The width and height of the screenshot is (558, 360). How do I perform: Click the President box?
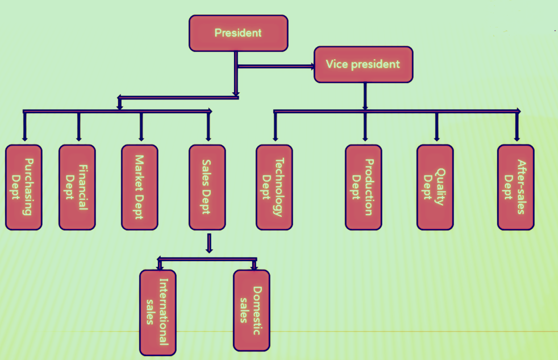coord(238,32)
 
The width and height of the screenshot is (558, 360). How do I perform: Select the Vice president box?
coord(363,64)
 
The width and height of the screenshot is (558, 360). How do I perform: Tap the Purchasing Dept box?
coord(23,187)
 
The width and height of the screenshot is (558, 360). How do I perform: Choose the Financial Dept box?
coord(77,187)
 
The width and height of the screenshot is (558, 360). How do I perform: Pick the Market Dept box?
coord(139,187)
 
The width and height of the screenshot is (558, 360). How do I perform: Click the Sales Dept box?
coord(207,187)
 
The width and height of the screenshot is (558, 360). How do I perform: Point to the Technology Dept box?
coord(274,187)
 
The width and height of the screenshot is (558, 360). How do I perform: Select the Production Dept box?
coord(363,187)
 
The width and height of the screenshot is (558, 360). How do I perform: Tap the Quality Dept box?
coord(435,187)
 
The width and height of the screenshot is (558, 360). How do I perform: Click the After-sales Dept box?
coord(515,187)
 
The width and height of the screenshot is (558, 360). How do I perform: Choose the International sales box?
coord(157,312)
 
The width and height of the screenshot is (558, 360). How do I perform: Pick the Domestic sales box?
coord(251,310)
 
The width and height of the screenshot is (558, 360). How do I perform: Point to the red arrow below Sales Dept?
coord(209,243)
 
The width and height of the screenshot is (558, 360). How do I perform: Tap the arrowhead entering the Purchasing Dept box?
coord(24,138)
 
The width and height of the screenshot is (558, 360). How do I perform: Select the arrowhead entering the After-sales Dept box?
coord(517,138)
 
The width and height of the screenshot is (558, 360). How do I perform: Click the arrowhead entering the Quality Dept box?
coord(436,138)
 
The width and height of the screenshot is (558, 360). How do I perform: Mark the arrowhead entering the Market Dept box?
coord(141,138)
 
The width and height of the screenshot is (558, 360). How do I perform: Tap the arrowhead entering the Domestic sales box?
coord(254,266)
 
